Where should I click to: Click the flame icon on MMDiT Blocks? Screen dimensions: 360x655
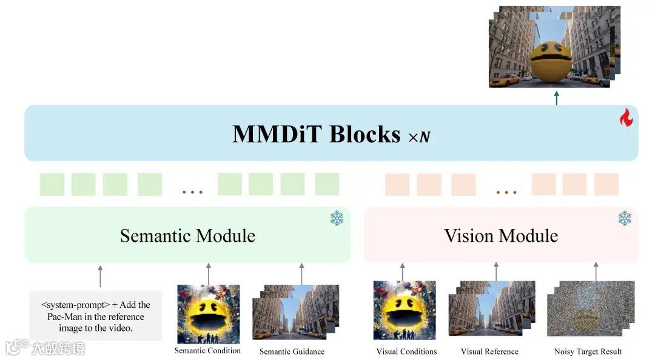click(x=626, y=118)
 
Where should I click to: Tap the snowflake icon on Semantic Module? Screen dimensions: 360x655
click(x=337, y=218)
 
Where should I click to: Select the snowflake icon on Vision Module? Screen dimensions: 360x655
click(x=625, y=218)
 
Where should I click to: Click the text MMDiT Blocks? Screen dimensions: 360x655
click(x=316, y=134)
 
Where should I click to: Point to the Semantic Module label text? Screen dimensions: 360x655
click(x=187, y=236)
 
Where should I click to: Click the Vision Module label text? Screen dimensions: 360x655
click(x=501, y=236)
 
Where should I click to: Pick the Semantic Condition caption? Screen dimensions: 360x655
click(x=207, y=350)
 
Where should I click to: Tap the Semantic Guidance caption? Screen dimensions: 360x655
click(x=292, y=352)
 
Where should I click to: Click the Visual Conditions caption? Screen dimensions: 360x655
click(x=406, y=352)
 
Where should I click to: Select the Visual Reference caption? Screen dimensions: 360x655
click(x=489, y=352)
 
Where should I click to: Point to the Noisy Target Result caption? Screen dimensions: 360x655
click(x=588, y=352)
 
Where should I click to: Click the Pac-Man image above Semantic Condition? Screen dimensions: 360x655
click(x=208, y=313)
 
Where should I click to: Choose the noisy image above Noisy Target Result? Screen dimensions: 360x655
click(x=590, y=308)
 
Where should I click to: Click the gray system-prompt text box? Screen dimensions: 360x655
click(x=96, y=316)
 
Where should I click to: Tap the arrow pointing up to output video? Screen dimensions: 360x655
click(x=556, y=97)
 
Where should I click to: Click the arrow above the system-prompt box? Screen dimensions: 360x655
click(x=100, y=276)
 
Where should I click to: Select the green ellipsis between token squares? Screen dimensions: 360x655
click(x=192, y=192)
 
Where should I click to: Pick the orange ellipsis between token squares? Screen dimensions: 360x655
click(x=506, y=192)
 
